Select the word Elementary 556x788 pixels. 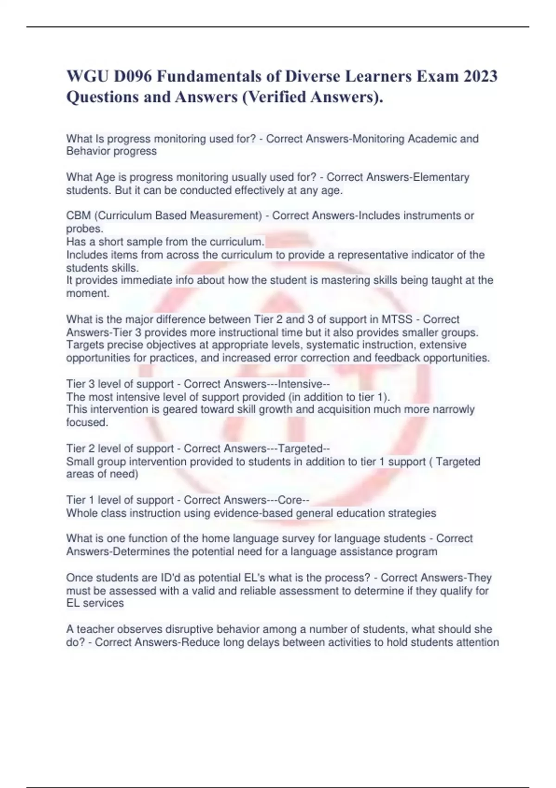pos(441,177)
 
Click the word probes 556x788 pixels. pos(84,229)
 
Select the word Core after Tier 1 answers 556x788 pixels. pos(291,500)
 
